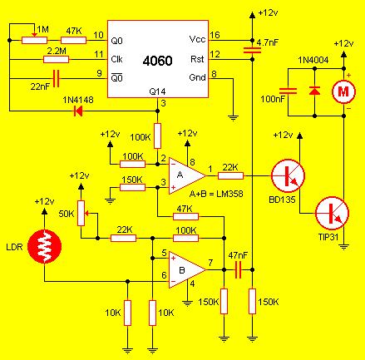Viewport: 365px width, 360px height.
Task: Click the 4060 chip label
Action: point(157,61)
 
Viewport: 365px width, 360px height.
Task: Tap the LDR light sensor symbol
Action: point(44,246)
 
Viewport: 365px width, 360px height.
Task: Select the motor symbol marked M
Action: point(343,91)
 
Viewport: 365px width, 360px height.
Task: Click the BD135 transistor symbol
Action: point(288,175)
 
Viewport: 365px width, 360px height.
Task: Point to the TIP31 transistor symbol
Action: point(332,214)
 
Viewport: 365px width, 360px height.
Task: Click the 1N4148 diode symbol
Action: point(78,111)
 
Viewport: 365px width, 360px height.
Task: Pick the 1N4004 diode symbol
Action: point(314,91)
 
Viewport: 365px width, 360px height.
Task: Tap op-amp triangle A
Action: point(187,175)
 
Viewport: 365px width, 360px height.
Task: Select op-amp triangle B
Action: point(187,269)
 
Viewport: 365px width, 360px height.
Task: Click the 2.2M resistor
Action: point(56,59)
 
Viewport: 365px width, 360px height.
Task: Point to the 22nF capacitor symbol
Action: point(56,79)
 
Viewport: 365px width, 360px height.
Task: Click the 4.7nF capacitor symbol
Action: point(252,50)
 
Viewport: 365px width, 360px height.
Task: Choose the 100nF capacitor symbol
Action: point(288,91)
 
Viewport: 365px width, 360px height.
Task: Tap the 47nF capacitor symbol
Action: point(238,269)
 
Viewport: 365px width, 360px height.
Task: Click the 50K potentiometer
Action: point(81,213)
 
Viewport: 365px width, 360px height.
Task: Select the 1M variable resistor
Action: point(34,40)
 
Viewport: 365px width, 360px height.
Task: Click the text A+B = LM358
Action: point(216,194)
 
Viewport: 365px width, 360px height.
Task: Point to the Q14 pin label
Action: point(157,91)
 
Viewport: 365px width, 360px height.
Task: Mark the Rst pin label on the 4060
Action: point(197,59)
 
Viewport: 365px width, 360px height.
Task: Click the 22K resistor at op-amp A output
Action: point(230,175)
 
